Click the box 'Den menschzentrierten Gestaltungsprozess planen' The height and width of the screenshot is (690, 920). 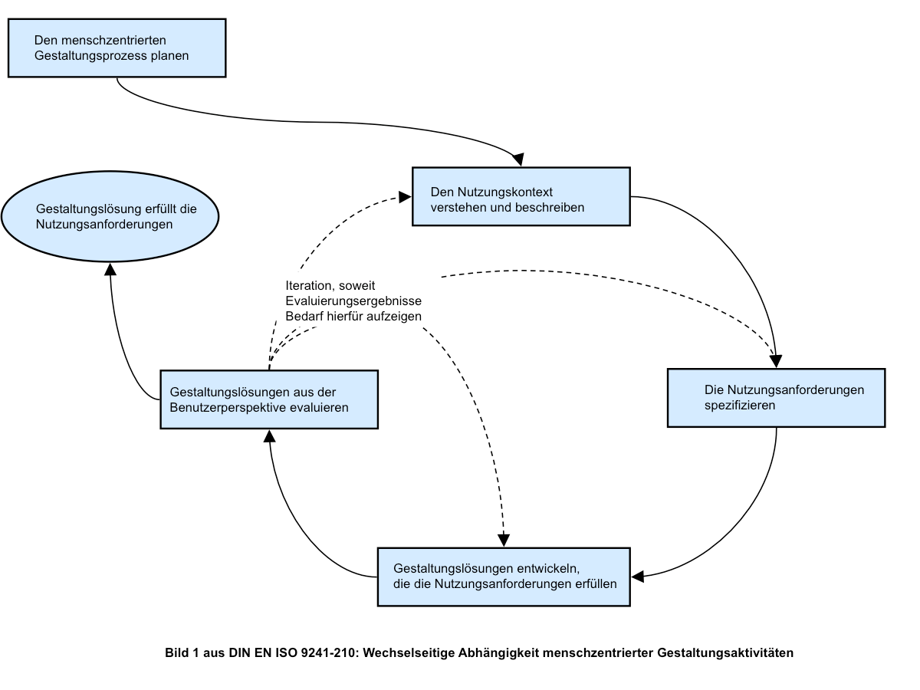pos(117,48)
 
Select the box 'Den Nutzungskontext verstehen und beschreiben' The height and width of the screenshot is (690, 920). pos(521,196)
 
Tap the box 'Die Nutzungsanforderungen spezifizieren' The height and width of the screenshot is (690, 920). pos(776,398)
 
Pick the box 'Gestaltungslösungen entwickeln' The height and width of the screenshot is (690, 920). pos(504,577)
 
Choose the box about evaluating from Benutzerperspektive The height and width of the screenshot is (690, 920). pos(269,399)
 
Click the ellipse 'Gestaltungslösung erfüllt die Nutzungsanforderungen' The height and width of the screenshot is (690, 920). pos(110,216)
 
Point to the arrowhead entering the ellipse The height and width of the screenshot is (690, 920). pos(110,269)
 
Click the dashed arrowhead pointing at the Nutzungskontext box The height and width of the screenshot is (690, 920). pos(405,197)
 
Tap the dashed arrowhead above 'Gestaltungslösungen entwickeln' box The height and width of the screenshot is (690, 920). pos(504,540)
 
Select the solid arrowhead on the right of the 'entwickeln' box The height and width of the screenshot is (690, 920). pos(638,577)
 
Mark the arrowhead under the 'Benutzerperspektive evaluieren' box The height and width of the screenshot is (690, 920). pos(270,436)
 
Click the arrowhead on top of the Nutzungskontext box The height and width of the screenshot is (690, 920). pos(518,159)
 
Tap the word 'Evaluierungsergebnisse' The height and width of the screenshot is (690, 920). pos(353,301)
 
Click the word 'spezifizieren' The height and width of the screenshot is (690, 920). pos(740,406)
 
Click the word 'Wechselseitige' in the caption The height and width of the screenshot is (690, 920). pos(408,653)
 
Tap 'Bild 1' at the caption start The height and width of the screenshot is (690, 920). pos(182,652)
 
